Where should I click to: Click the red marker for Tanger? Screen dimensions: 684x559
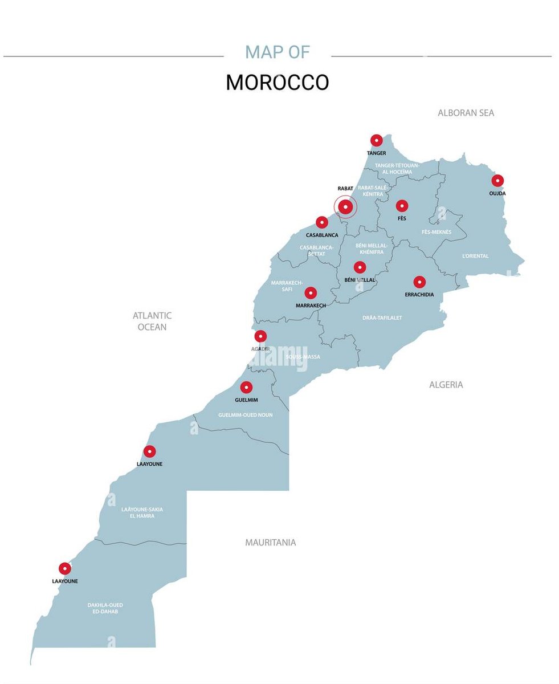click(x=376, y=140)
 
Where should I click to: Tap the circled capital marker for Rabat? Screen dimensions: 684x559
click(x=345, y=207)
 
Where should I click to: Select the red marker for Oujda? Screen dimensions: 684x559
click(x=497, y=181)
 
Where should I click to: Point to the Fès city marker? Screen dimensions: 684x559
click(x=402, y=206)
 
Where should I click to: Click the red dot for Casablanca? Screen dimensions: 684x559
click(x=322, y=222)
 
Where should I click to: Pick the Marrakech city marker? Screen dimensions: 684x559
click(x=311, y=293)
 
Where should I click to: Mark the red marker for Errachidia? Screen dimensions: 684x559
click(x=419, y=282)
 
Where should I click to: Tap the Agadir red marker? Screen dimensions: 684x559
click(x=260, y=336)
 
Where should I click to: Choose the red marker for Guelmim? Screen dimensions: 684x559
click(x=246, y=388)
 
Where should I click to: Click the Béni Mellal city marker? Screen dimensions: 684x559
click(x=360, y=267)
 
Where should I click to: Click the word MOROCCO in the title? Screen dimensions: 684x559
click(x=277, y=83)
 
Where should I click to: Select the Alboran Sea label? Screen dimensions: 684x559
click(x=466, y=113)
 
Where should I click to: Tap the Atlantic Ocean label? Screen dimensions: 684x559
click(x=152, y=321)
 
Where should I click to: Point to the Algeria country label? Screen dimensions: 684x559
click(x=446, y=385)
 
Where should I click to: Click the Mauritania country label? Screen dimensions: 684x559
click(x=270, y=543)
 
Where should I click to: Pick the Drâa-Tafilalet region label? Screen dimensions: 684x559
click(x=382, y=317)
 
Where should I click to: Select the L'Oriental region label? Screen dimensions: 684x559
click(x=475, y=256)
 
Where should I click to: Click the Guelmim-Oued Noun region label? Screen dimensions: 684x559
click(x=245, y=415)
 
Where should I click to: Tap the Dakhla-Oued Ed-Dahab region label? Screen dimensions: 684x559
click(x=105, y=608)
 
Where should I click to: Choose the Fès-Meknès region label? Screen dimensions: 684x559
click(x=436, y=232)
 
